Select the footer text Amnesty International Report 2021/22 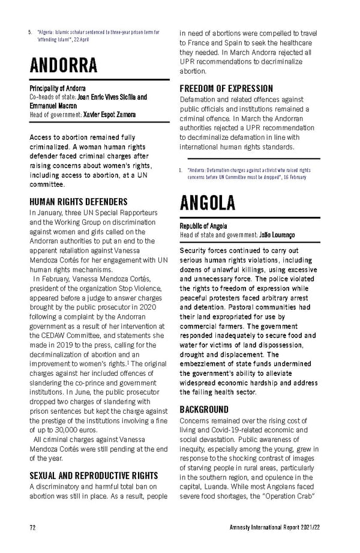[x=274, y=528]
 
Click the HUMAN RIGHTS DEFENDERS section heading [x=78, y=202]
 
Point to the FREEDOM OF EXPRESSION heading [x=226, y=88]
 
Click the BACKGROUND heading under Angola [x=204, y=409]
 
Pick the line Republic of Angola [x=203, y=226]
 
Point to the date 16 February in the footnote [x=295, y=177]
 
